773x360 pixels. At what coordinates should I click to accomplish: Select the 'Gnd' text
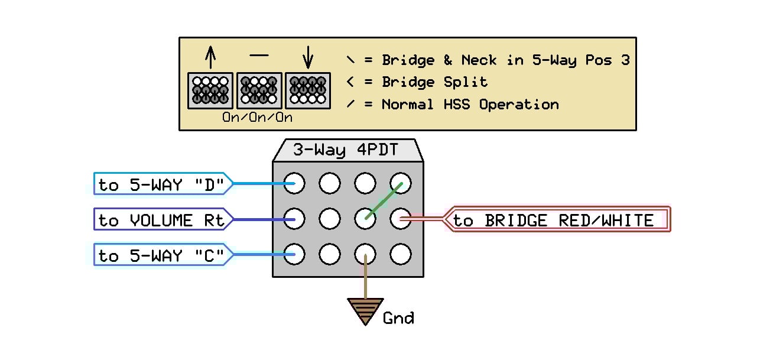coord(398,319)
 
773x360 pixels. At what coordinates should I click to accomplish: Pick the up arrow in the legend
coord(211,58)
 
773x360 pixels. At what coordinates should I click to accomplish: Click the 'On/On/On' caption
coord(257,117)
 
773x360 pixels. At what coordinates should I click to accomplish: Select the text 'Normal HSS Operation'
coord(470,105)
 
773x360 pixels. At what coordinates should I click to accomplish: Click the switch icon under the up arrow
coord(211,90)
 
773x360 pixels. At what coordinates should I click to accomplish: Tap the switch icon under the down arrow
coord(308,90)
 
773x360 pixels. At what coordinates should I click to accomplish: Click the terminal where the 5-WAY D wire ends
coord(294,184)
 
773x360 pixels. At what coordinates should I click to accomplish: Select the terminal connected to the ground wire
coord(365,255)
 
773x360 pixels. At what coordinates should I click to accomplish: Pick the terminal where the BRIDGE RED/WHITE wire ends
coord(401,219)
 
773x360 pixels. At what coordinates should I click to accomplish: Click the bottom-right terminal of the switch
coord(401,255)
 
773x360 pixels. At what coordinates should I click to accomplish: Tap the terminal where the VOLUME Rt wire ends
coord(294,219)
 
